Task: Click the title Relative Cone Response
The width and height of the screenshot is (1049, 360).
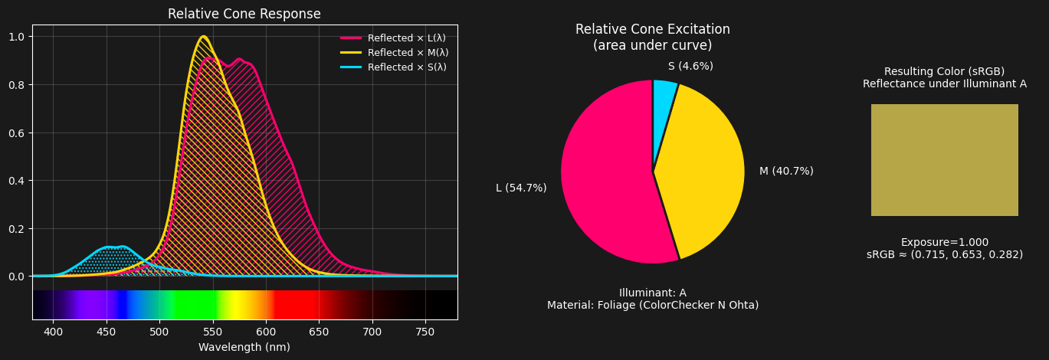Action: point(244,15)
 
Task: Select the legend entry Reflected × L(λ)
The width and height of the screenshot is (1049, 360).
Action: point(406,38)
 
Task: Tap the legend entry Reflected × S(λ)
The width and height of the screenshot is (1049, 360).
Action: point(407,67)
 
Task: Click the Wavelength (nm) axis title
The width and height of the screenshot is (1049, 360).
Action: point(244,347)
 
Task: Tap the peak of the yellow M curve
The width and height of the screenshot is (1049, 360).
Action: point(203,37)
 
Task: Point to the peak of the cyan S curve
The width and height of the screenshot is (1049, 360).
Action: point(122,247)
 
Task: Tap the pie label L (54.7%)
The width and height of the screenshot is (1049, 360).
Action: point(521,188)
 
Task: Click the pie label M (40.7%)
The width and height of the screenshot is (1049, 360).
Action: point(786,172)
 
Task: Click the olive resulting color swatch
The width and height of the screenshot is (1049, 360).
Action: point(944,160)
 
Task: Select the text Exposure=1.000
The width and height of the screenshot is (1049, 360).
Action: point(944,242)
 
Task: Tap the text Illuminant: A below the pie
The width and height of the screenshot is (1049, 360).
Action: point(652,293)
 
